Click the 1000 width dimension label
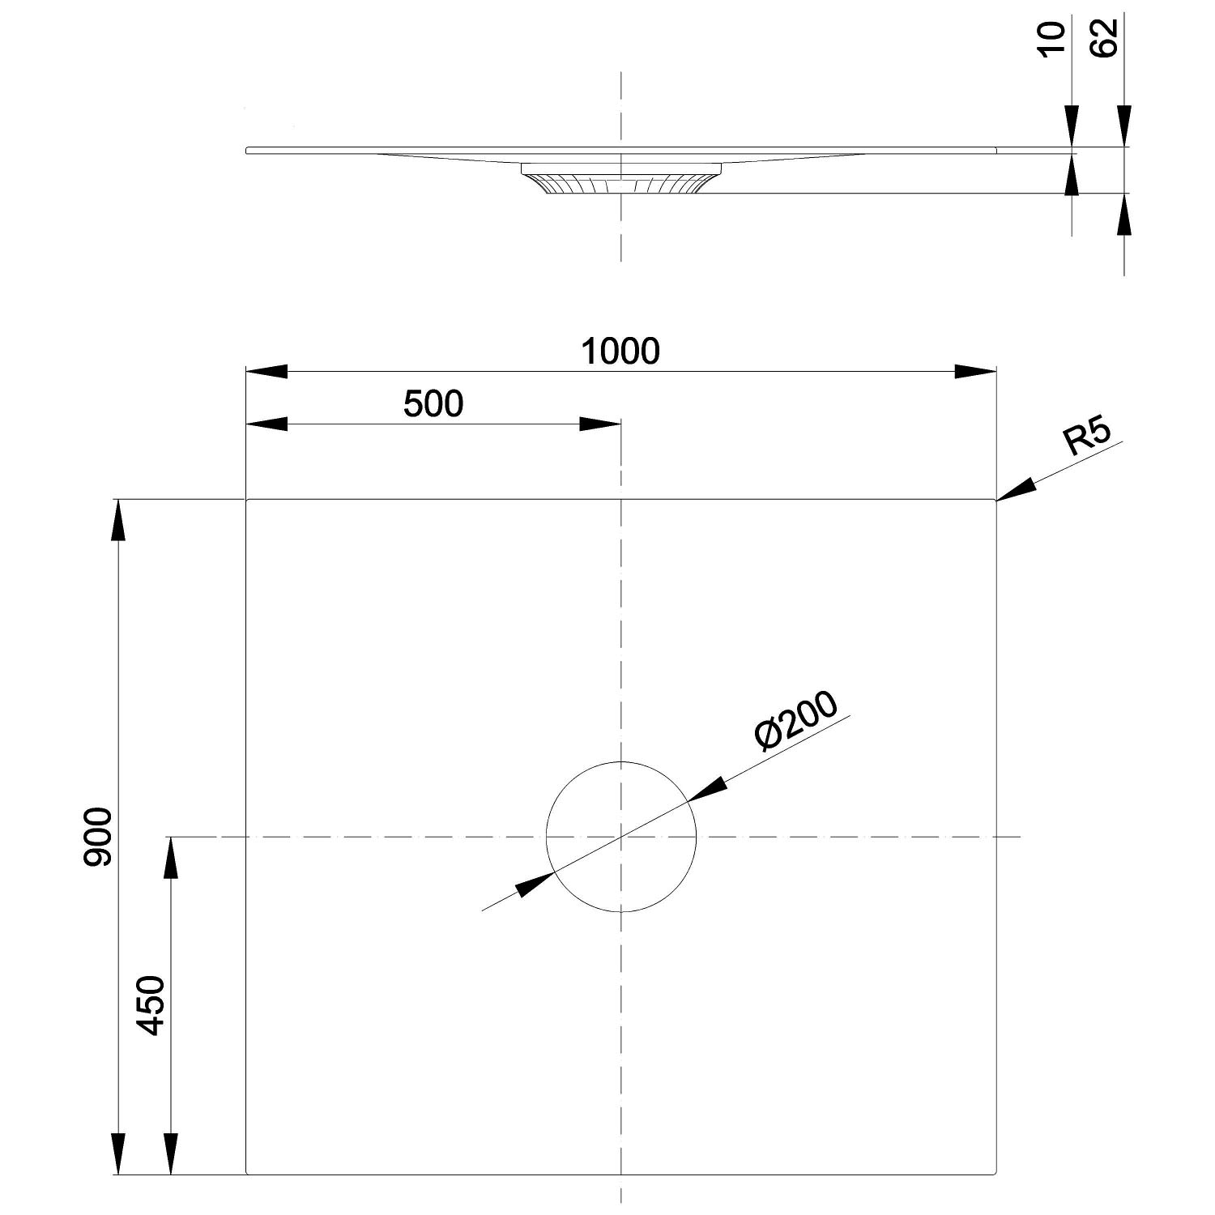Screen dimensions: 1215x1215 click(x=621, y=351)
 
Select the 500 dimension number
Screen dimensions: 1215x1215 click(x=433, y=403)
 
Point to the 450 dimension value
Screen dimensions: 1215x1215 click(x=151, y=1006)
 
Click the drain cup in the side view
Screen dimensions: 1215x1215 click(x=620, y=178)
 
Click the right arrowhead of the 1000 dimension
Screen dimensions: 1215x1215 click(x=975, y=372)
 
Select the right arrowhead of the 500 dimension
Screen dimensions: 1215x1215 click(x=600, y=424)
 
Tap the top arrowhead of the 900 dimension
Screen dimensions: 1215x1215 click(x=119, y=521)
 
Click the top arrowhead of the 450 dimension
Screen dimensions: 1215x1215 click(x=170, y=858)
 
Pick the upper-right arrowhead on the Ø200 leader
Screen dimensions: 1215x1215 click(x=706, y=791)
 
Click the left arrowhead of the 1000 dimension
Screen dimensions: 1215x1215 click(x=266, y=372)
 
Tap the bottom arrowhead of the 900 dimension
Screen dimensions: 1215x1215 click(x=119, y=1153)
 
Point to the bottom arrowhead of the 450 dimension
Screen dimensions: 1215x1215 click(x=170, y=1153)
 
